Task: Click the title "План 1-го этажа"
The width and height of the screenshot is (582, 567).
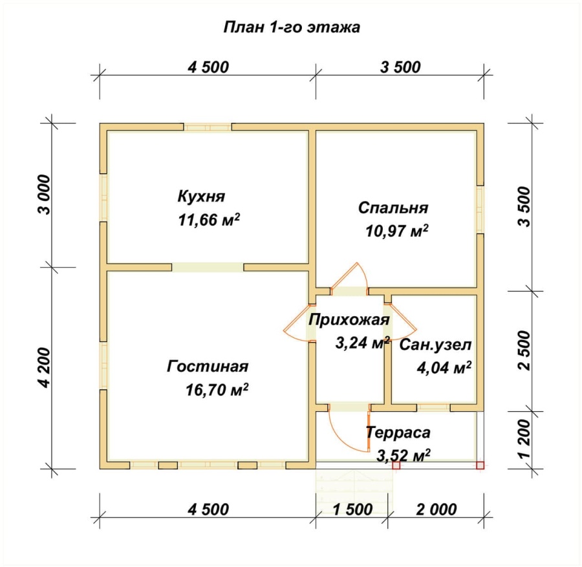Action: click(292, 27)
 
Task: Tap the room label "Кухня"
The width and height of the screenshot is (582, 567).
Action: click(201, 197)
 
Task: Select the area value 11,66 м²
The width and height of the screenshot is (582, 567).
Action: click(209, 220)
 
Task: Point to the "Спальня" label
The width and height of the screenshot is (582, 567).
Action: click(393, 208)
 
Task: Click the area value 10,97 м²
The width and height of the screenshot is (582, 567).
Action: click(397, 231)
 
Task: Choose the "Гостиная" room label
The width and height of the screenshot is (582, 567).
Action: click(208, 366)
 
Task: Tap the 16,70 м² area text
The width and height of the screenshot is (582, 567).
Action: click(217, 390)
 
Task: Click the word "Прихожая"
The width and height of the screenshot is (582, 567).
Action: click(349, 320)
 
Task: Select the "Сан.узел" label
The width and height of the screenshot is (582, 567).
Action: click(435, 345)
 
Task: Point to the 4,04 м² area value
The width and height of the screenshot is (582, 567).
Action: click(444, 368)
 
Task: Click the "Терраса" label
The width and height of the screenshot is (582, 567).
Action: click(398, 433)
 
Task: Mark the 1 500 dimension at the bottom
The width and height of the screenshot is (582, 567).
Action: click(352, 509)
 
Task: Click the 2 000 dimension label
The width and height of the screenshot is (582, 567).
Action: click(436, 509)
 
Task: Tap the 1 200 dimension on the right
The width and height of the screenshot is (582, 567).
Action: click(525, 440)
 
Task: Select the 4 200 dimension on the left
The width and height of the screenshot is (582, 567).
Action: click(45, 368)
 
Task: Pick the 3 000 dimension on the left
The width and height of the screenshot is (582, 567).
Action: click(45, 195)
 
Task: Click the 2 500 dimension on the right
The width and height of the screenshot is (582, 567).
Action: click(525, 350)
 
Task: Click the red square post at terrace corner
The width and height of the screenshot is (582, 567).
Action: click(480, 465)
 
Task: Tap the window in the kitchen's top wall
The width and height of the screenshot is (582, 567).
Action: click(208, 127)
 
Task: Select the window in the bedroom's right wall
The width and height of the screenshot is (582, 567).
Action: click(480, 209)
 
